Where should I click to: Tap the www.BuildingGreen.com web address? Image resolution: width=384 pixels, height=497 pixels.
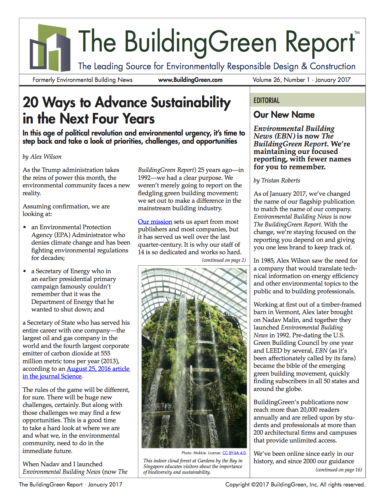[190, 80]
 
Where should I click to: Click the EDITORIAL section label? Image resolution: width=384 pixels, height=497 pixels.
[267, 101]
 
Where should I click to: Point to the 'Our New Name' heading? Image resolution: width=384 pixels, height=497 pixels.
[284, 115]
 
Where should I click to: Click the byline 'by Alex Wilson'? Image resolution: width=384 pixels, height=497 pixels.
[42, 157]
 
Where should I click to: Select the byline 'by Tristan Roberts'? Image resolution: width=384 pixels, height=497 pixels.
[277, 180]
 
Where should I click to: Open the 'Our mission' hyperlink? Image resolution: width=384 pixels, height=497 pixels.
[155, 222]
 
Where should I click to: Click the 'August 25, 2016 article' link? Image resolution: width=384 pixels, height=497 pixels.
[98, 369]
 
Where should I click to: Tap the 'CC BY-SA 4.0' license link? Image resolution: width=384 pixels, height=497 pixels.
[234, 453]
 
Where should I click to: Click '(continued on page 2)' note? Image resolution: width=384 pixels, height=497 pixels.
[224, 260]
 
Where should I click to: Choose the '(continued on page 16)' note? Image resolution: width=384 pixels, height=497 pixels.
[339, 470]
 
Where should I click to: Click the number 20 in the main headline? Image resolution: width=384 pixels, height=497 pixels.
[31, 102]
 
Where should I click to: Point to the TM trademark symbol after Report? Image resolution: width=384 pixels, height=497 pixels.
[357, 33]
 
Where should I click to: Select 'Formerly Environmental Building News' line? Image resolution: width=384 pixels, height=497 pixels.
[83, 80]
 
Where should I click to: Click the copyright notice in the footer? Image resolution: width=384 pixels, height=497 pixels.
[295, 484]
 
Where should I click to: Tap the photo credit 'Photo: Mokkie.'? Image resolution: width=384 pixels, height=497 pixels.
[194, 453]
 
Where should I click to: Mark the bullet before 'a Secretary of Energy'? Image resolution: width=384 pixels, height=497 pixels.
[25, 271]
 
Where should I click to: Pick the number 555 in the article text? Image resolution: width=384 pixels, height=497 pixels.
[105, 353]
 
